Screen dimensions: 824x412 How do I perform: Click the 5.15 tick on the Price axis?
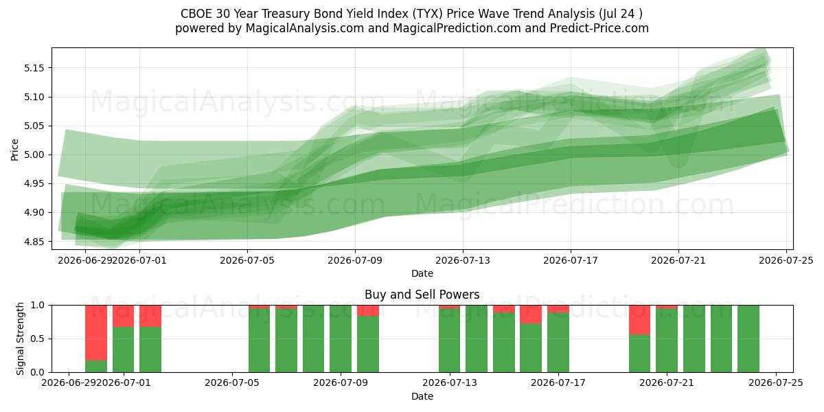(x=34, y=68)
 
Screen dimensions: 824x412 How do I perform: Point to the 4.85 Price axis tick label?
(x=34, y=242)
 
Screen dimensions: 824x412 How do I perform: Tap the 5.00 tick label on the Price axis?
(x=34, y=155)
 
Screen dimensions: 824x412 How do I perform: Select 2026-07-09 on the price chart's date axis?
(x=355, y=260)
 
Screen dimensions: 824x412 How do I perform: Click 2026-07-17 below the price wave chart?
(x=571, y=260)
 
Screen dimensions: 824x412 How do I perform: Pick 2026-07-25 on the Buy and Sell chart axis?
(x=776, y=383)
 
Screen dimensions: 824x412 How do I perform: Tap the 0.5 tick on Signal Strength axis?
(x=37, y=339)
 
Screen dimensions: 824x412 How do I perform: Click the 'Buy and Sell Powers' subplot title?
(x=422, y=295)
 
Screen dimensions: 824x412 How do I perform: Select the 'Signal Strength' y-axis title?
(x=20, y=339)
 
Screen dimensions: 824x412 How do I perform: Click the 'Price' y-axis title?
(x=14, y=150)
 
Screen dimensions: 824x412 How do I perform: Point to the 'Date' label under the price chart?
(x=422, y=273)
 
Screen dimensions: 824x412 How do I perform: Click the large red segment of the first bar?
(x=96, y=333)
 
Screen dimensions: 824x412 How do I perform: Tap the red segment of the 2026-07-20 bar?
(x=640, y=320)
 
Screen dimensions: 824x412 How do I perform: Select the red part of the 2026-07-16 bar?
(x=531, y=314)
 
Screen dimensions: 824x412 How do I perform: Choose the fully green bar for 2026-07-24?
(x=748, y=339)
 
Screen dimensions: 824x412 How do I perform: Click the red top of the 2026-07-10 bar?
(x=368, y=310)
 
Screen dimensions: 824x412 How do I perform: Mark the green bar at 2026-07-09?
(x=341, y=339)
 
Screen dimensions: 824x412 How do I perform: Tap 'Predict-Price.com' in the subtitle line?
(x=599, y=28)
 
